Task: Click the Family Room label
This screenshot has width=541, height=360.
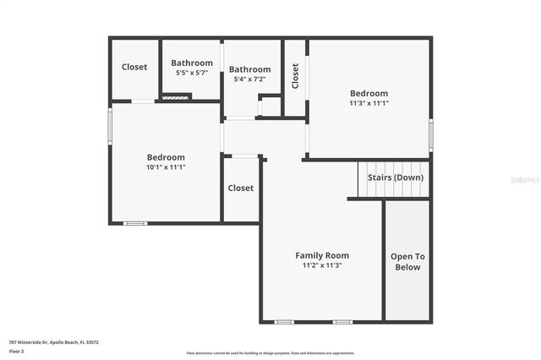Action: [x=321, y=255]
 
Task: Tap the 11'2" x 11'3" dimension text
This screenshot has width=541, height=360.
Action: [x=321, y=265]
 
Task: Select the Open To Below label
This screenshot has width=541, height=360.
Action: [x=407, y=262]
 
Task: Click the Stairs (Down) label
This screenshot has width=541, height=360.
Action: [x=395, y=177]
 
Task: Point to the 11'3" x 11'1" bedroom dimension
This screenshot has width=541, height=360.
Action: [x=369, y=103]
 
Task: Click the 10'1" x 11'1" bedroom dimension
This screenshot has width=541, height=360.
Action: [x=166, y=167]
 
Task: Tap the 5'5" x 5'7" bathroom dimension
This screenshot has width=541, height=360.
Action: [x=192, y=73]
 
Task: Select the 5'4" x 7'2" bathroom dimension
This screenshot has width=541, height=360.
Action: [x=249, y=79]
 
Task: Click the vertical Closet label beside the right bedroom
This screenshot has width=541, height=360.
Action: [x=295, y=77]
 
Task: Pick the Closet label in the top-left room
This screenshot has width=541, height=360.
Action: [x=134, y=67]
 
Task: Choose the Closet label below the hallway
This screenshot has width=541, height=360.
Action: [x=241, y=188]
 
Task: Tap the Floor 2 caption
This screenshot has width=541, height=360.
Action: [x=17, y=351]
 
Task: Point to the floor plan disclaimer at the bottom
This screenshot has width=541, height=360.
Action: [x=270, y=353]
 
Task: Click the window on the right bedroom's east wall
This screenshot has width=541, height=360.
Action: [x=430, y=134]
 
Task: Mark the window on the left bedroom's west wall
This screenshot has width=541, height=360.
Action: [x=110, y=125]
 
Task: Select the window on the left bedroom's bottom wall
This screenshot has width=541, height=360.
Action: [x=135, y=223]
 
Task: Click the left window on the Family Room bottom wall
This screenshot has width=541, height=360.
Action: [x=285, y=322]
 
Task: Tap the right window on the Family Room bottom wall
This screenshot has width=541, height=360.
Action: [x=342, y=322]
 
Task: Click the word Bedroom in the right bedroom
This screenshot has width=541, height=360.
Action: [x=369, y=93]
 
